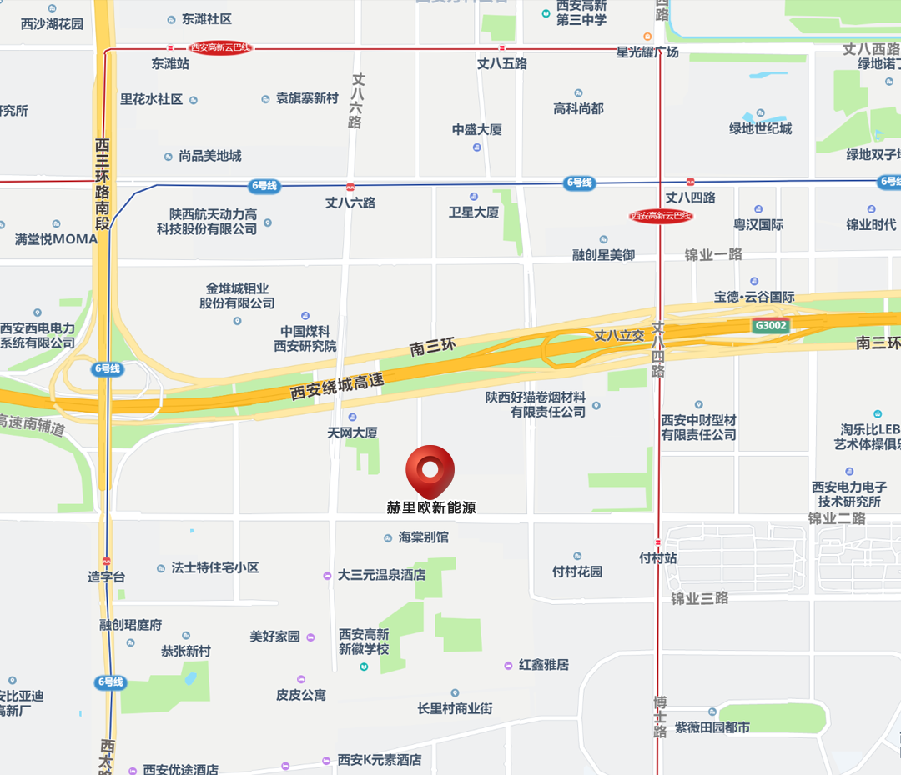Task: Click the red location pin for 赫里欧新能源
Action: pyautogui.click(x=430, y=469)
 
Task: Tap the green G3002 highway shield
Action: pyautogui.click(x=769, y=325)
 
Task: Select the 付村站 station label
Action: pyautogui.click(x=657, y=558)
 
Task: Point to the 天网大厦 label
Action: pyautogui.click(x=352, y=432)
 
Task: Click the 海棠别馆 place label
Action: pyautogui.click(x=423, y=537)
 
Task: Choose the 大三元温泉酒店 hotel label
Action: pyautogui.click(x=381, y=575)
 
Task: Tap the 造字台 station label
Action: pyautogui.click(x=107, y=577)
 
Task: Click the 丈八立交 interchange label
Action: pyautogui.click(x=619, y=335)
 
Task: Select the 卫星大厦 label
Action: pyautogui.click(x=474, y=212)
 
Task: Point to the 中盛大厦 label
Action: pyautogui.click(x=477, y=130)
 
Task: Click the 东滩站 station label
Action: pyautogui.click(x=170, y=63)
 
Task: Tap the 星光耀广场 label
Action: pyautogui.click(x=647, y=52)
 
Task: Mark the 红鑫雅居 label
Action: pyautogui.click(x=543, y=665)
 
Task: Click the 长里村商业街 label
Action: pyautogui.click(x=455, y=708)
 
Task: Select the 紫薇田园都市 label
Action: pyautogui.click(x=712, y=727)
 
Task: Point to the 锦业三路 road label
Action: pyautogui.click(x=700, y=598)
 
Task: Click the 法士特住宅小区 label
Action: pyautogui.click(x=214, y=567)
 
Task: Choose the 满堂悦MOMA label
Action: pyautogui.click(x=56, y=239)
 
